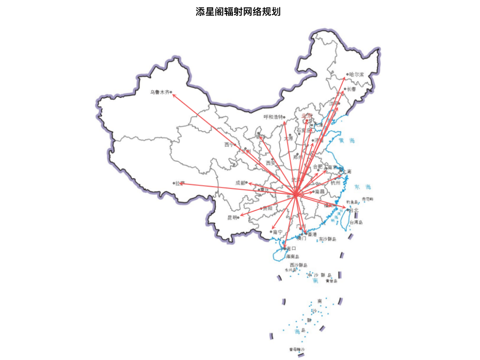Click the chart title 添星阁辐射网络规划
pos(237,12)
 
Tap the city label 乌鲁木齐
pos(160,93)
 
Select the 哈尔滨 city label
pos(356,74)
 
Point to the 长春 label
pos(351,89)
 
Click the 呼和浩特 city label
pos(273,117)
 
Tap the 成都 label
pos(240,183)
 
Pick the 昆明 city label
pos(232,218)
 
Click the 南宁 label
pos(277,232)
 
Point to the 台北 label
pos(353,210)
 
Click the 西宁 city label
pos(229,145)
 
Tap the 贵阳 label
pos(267,208)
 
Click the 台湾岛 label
pos(356,223)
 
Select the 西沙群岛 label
pos(298,265)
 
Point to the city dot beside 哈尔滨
pos(347,74)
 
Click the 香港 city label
pos(312,234)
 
